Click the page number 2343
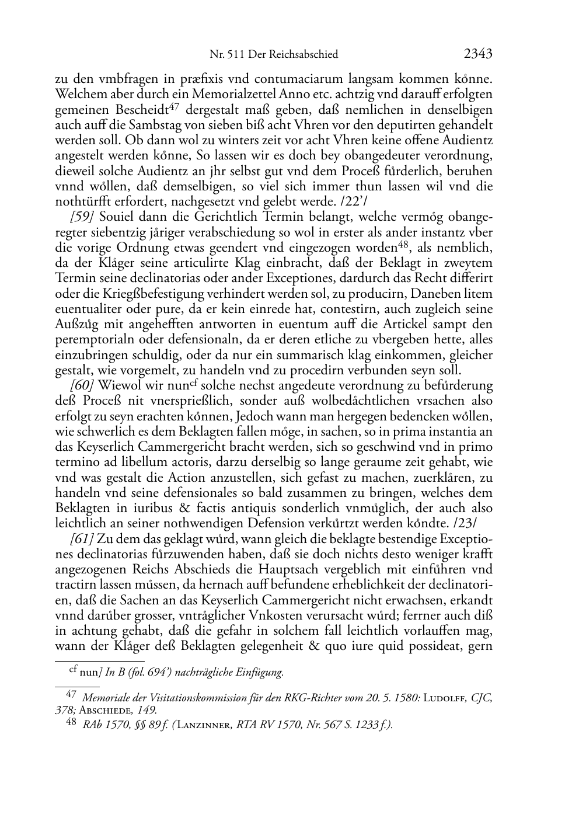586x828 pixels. [x=478, y=54]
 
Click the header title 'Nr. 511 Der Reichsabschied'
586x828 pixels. [x=274, y=55]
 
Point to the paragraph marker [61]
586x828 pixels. [x=81, y=538]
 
